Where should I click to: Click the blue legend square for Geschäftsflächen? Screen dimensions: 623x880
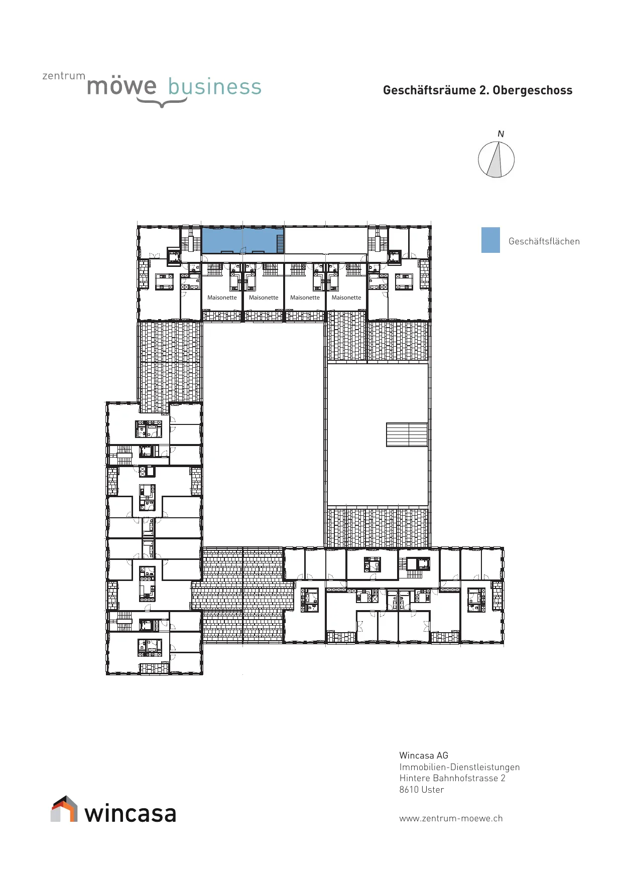pos(490,240)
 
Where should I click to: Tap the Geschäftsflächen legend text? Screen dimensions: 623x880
pos(544,241)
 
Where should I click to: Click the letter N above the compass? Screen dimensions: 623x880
pos(501,134)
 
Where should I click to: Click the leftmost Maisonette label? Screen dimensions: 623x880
pos(222,298)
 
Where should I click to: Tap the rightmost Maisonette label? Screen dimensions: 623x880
pos(346,298)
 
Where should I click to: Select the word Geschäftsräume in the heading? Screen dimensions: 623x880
pos(430,90)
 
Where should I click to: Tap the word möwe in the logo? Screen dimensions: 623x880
pos(121,86)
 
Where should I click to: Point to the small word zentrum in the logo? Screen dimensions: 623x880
pos(64,76)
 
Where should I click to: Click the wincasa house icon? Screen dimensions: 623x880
pos(64,809)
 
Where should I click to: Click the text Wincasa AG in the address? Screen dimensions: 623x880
pos(424,756)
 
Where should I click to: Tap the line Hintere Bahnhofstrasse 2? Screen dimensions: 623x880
pos(452,778)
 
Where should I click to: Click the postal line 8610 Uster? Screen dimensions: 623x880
pos(422,790)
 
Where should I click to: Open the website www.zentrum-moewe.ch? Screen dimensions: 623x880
pos(451,818)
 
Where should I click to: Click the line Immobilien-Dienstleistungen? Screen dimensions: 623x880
pos(459,767)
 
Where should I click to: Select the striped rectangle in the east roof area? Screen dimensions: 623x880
pos(407,435)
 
